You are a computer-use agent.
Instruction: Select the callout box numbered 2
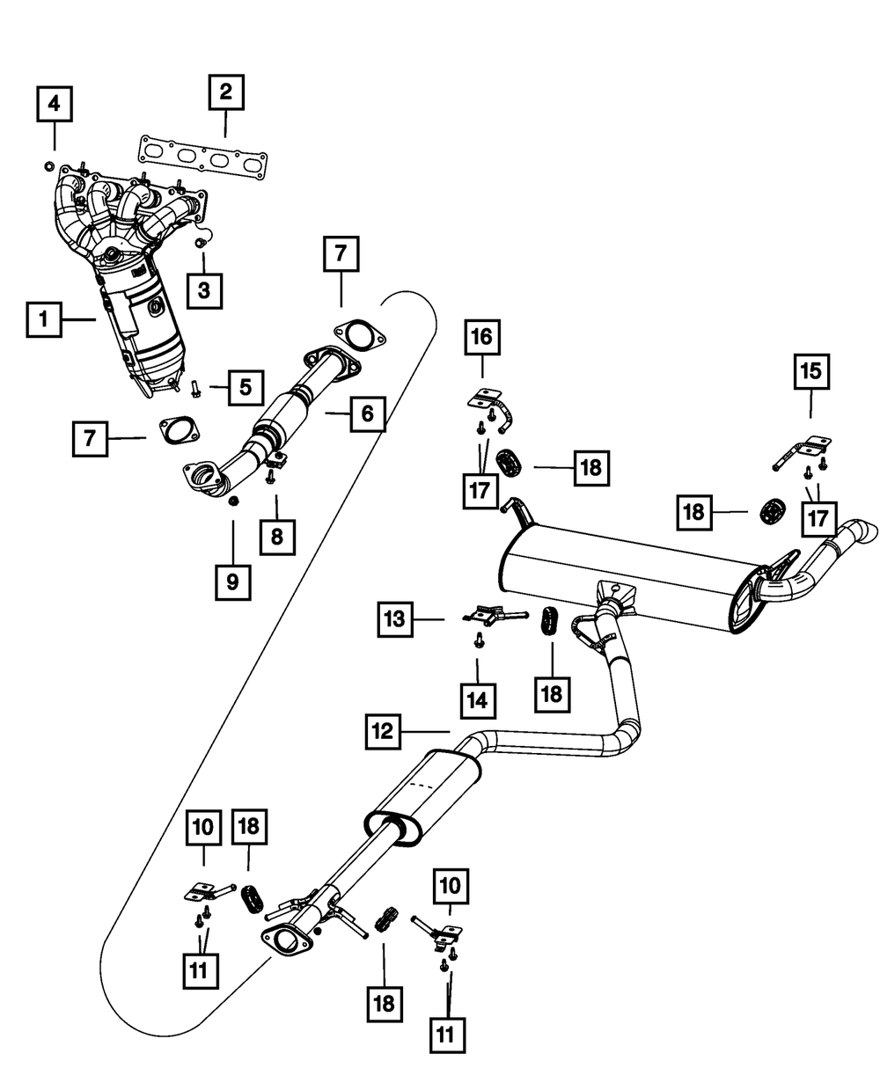[x=226, y=93]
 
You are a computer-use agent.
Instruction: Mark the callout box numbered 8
[x=276, y=534]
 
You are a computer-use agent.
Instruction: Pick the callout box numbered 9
[x=233, y=582]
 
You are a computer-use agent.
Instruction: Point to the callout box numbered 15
[x=810, y=372]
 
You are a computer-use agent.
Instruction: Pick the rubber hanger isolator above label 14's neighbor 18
[x=549, y=620]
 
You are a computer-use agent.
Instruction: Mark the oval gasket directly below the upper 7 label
[x=359, y=335]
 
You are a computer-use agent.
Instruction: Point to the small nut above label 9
[x=234, y=501]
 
